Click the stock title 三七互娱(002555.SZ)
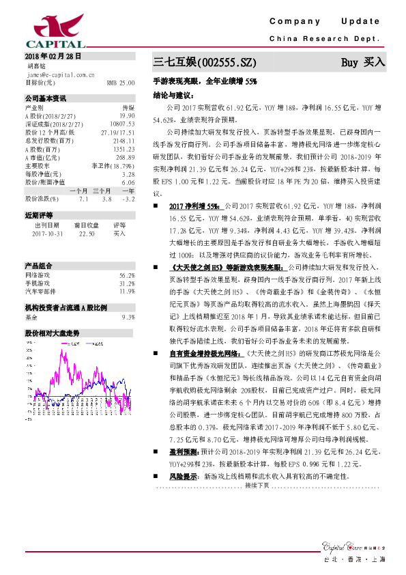pyautogui.click(x=204, y=63)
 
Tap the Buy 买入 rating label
pyautogui.click(x=363, y=62)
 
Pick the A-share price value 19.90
pyautogui.click(x=126, y=116)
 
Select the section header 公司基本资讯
pyautogui.click(x=46, y=98)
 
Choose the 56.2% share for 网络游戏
pyautogui.click(x=127, y=275)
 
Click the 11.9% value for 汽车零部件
pyautogui.click(x=127, y=291)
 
